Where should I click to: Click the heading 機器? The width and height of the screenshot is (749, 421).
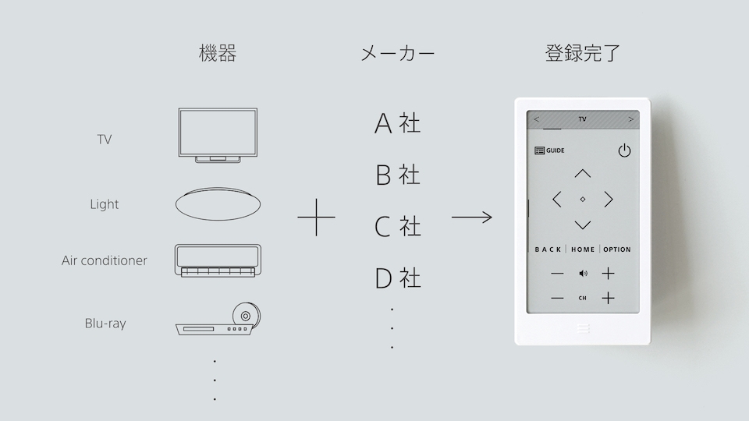(x=218, y=53)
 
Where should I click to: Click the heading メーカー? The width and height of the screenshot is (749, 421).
(x=397, y=54)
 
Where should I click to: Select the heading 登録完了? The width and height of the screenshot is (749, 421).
(x=583, y=53)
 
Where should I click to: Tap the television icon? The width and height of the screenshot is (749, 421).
(x=218, y=136)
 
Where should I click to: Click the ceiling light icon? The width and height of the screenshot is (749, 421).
(x=218, y=203)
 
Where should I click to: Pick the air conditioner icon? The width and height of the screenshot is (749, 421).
(x=218, y=260)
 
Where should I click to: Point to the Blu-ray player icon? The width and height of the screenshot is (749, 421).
(x=218, y=319)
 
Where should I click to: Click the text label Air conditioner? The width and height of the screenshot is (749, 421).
(x=104, y=260)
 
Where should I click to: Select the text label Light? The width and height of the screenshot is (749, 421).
(x=104, y=204)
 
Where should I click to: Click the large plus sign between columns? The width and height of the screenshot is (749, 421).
(x=316, y=218)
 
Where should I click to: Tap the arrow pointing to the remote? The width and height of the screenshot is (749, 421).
(x=471, y=218)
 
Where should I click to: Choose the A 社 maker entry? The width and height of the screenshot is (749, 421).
(x=397, y=123)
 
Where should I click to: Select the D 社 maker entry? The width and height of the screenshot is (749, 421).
(x=397, y=278)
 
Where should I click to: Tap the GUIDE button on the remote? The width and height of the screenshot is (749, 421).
(x=549, y=150)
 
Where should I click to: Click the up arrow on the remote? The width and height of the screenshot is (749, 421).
(x=582, y=173)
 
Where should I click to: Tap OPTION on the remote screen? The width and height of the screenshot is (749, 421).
(x=616, y=249)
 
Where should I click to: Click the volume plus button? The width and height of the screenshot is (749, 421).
(x=608, y=274)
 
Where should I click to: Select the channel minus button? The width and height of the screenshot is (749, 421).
(x=557, y=299)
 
